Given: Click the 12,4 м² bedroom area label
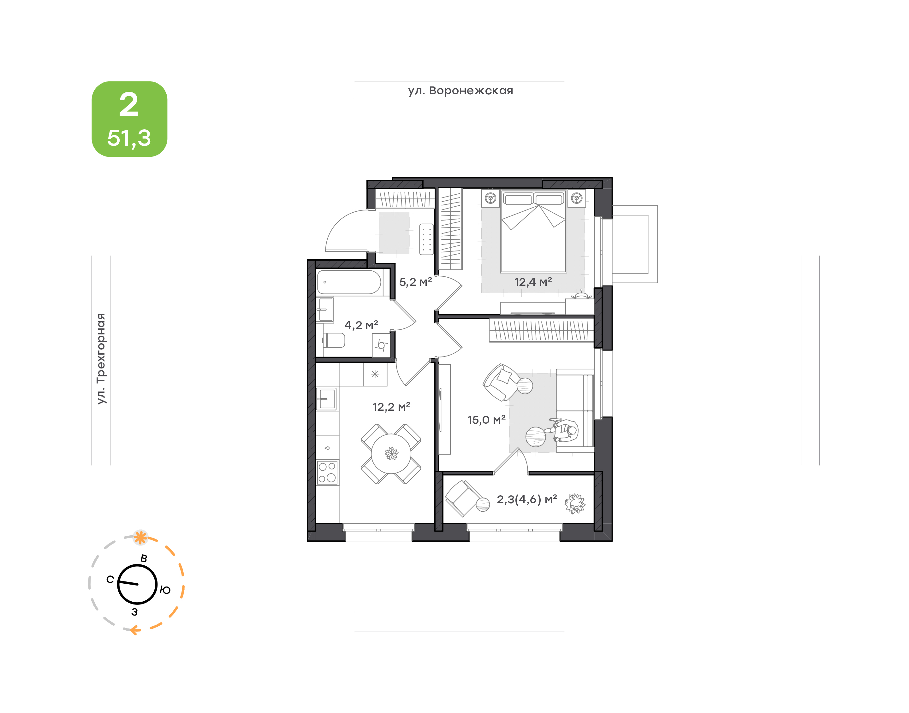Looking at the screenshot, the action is (533, 282).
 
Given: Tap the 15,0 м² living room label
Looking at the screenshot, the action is (486, 420).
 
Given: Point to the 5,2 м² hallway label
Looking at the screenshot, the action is (415, 282).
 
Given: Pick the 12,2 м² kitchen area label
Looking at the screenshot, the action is (391, 407).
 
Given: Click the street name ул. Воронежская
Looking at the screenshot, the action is (460, 91).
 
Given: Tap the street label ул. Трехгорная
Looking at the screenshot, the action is (101, 359).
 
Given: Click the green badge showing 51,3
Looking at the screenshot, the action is (129, 119).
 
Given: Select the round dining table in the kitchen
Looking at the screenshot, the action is (391, 453).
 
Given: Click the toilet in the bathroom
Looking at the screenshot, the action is (334, 340).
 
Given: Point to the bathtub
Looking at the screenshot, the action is (349, 283).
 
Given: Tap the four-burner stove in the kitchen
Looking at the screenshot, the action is (327, 473).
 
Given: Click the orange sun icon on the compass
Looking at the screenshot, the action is (140, 537).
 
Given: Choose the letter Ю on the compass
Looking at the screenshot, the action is (165, 590).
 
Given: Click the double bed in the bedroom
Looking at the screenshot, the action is (534, 231).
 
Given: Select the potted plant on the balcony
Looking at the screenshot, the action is (575, 504).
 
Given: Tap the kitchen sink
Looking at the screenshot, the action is (327, 399).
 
